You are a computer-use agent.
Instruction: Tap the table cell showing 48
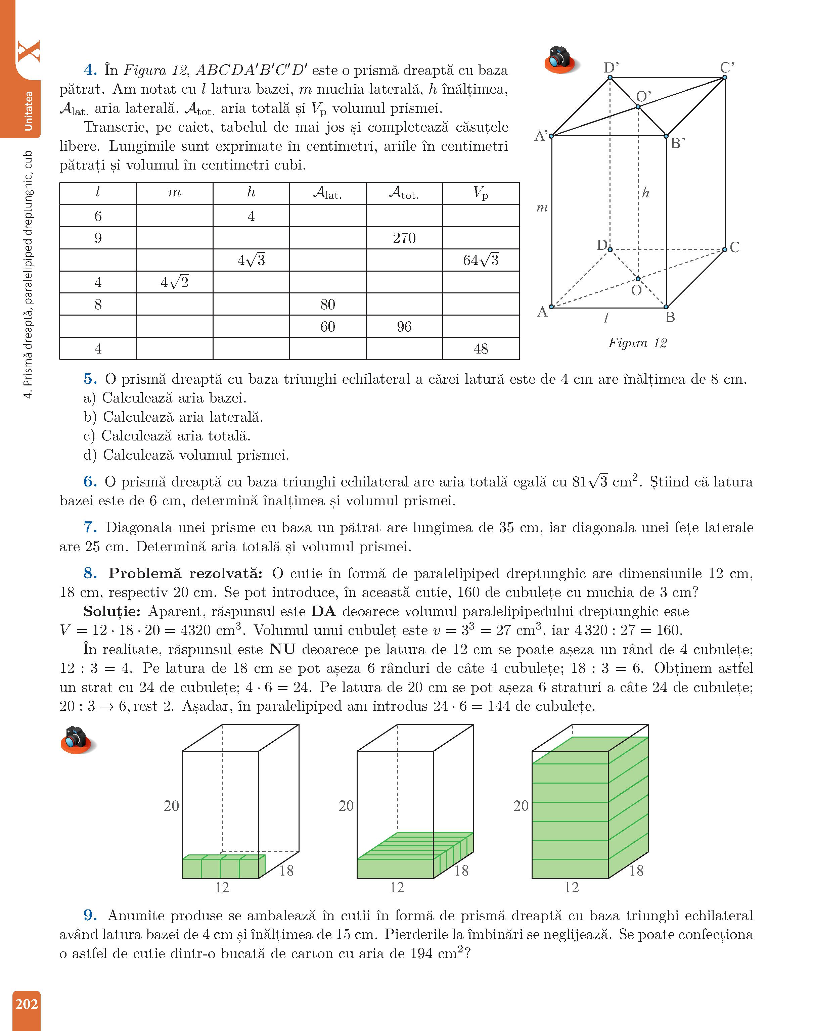pyautogui.click(x=481, y=349)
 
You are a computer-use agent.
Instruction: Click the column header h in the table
pyautogui.click(x=251, y=192)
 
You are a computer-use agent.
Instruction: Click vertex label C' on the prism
pyautogui.click(x=727, y=67)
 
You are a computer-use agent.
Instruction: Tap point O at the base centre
pyautogui.click(x=638, y=279)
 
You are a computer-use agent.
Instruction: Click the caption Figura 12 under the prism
pyautogui.click(x=637, y=343)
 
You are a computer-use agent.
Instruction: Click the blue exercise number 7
pyautogui.click(x=90, y=527)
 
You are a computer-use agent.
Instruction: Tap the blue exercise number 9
pyautogui.click(x=90, y=916)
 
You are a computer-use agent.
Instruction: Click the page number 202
pyautogui.click(x=27, y=1004)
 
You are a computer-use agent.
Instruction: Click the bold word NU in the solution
pyautogui.click(x=282, y=649)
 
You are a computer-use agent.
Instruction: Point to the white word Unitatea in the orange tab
pyautogui.click(x=29, y=111)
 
